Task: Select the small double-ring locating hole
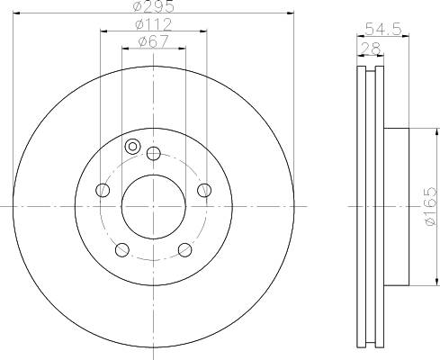tap(133, 147)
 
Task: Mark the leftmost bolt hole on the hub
tap(102, 190)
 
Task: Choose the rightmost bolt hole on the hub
tap(205, 189)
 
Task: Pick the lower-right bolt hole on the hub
tap(185, 249)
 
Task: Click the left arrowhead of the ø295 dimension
tap(17, 14)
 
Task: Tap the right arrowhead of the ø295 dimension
tap(291, 14)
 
